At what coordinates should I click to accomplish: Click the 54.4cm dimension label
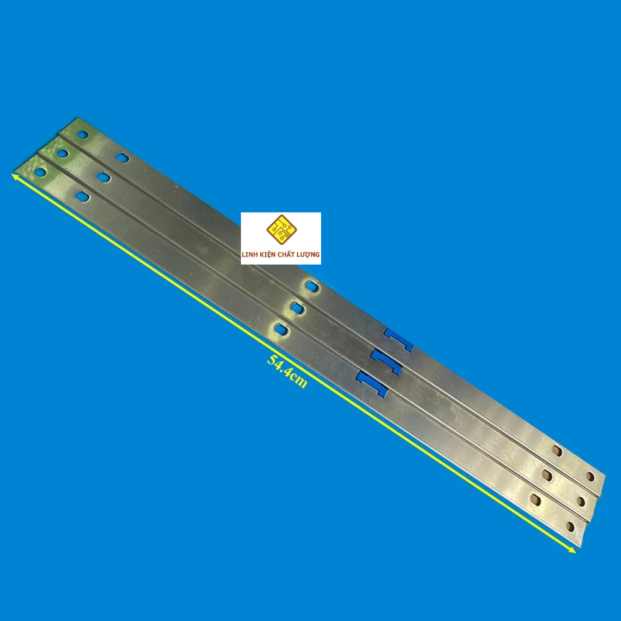pyautogui.click(x=287, y=371)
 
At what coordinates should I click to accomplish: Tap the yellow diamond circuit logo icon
pyautogui.click(x=281, y=230)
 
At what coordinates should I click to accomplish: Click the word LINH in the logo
pyautogui.click(x=250, y=255)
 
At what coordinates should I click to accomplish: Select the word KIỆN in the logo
pyautogui.click(x=268, y=255)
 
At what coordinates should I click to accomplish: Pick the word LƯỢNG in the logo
pyautogui.click(x=310, y=255)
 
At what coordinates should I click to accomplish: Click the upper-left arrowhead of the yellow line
pyautogui.click(x=15, y=176)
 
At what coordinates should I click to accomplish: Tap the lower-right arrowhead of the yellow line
pyautogui.click(x=571, y=550)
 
